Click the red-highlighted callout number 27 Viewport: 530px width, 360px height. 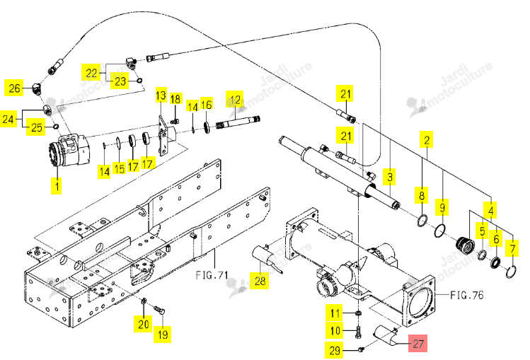tap(417, 344)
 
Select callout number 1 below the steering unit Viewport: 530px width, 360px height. tap(57, 186)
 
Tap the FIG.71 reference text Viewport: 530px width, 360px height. tap(212, 275)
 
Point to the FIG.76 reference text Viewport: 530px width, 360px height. tap(467, 295)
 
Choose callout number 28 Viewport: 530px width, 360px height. tap(260, 281)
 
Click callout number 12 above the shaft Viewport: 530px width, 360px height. tap(235, 100)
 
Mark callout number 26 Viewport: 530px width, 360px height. tap(14, 88)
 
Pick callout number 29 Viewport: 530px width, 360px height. tap(335, 350)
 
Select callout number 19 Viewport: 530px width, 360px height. tap(163, 335)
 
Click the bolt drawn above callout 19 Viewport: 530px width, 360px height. tap(159, 309)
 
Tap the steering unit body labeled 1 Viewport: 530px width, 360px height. tap(69, 151)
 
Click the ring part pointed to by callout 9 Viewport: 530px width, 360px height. tap(439, 231)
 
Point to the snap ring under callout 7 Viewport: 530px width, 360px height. tap(511, 272)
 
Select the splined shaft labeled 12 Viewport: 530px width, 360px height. tap(238, 123)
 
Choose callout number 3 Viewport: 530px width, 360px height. tap(390, 177)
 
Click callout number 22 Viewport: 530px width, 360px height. tap(91, 73)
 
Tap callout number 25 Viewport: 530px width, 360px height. tap(36, 127)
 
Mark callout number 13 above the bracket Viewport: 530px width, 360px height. tap(161, 95)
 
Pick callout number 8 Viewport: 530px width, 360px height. tap(422, 196)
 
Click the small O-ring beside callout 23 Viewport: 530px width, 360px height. tap(139, 81)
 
